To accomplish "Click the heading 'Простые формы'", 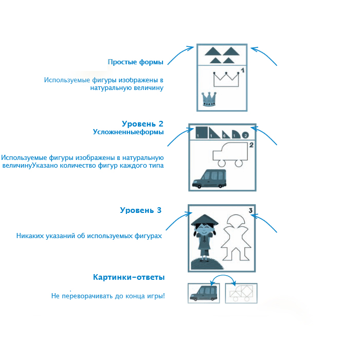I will pos(136,62).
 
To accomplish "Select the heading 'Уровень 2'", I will pos(142,124).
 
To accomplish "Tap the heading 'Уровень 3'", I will pos(140,210).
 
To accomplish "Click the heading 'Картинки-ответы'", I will pos(129,277).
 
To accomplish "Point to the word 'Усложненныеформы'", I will pos(128,132).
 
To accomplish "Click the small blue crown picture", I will pos(208,98).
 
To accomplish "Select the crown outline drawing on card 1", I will pos(227,79).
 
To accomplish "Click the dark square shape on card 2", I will pos(201,132).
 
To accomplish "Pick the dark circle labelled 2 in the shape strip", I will pos(245,134).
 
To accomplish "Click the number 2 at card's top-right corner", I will pos(251,145).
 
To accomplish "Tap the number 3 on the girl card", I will pos(250,210).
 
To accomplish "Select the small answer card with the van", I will pos(204,293).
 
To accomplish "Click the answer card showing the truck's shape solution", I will pos(241,293).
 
